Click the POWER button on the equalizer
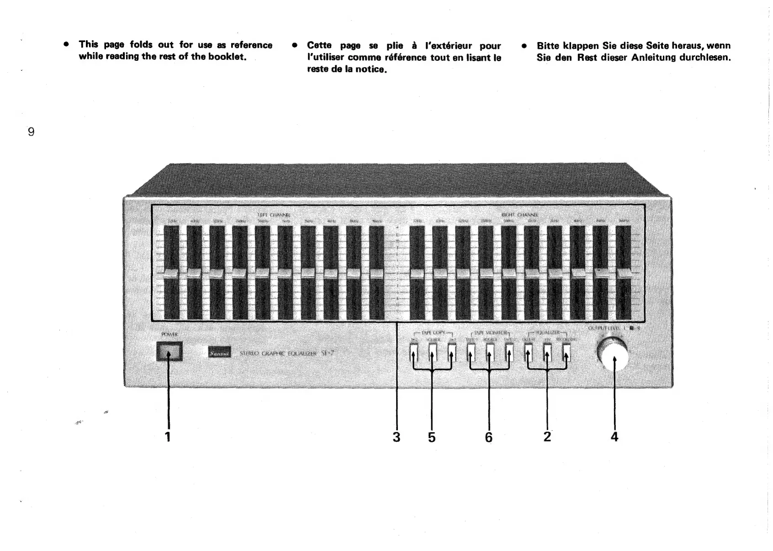[x=169, y=351]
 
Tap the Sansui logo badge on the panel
[x=219, y=353]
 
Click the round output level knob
[x=612, y=354]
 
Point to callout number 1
[x=168, y=437]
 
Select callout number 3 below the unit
[x=396, y=437]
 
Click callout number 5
[x=432, y=437]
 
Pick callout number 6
[x=489, y=437]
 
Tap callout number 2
[x=547, y=437]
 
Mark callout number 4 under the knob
[x=614, y=437]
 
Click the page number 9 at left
[x=31, y=132]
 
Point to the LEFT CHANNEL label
[x=274, y=215]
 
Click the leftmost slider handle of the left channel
[x=171, y=274]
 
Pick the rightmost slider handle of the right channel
[x=623, y=274]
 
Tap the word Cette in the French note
[x=319, y=46]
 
